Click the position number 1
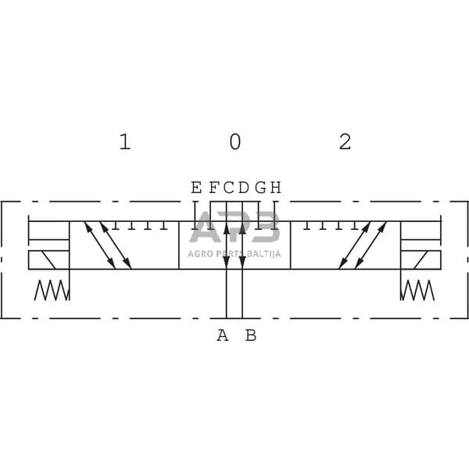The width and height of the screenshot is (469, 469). point(124,141)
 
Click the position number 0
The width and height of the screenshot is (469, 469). point(234,141)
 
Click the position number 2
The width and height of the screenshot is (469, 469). point(345,141)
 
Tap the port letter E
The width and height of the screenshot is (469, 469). point(196,188)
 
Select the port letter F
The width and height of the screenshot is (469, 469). point(212,188)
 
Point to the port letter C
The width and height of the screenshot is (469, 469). point(227,188)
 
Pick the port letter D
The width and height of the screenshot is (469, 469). point(243,188)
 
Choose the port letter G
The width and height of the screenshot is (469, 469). point(260,188)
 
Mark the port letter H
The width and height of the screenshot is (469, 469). point(275,188)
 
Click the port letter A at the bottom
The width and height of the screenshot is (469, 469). point(223,336)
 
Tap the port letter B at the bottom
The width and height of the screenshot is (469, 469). point(250,336)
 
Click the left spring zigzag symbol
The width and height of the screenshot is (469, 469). point(52,291)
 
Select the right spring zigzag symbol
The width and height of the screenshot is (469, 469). point(417,291)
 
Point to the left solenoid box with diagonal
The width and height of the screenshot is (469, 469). point(48,260)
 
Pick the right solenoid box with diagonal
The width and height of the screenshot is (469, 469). point(421,260)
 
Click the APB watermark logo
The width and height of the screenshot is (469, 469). point(234,228)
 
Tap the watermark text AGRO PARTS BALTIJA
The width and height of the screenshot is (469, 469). point(234,253)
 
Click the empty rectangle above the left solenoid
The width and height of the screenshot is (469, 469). point(48,231)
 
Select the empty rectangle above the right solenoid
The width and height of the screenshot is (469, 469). point(421,231)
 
